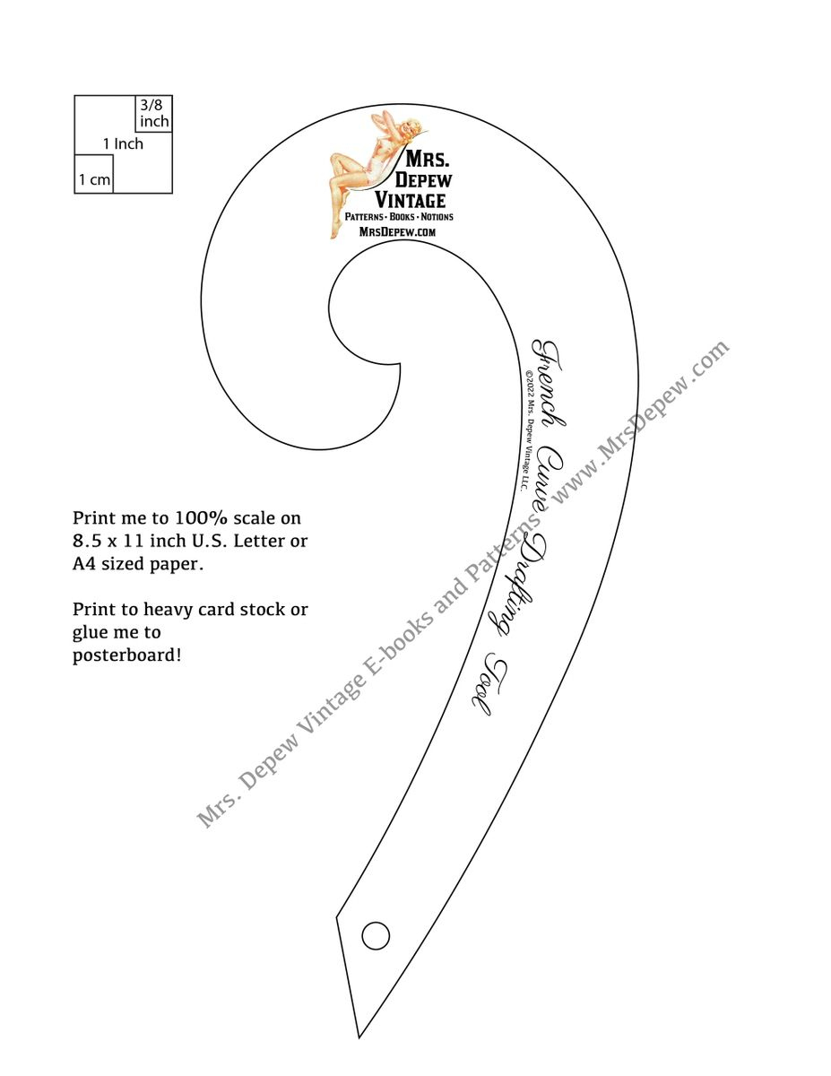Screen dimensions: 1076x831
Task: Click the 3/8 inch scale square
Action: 153,114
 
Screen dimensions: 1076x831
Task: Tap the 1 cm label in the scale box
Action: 94,179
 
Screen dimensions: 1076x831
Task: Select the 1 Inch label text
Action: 123,143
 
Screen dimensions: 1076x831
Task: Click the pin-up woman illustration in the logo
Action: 363,166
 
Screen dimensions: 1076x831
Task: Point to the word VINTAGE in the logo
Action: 410,199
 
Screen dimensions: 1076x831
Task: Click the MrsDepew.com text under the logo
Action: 397,231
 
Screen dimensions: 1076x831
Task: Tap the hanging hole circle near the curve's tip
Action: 376,935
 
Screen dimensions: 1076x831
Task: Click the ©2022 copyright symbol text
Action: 528,377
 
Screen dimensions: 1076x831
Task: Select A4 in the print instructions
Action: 84,564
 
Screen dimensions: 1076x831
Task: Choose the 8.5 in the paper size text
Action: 86,541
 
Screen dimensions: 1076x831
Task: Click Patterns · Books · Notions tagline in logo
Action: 400,217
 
